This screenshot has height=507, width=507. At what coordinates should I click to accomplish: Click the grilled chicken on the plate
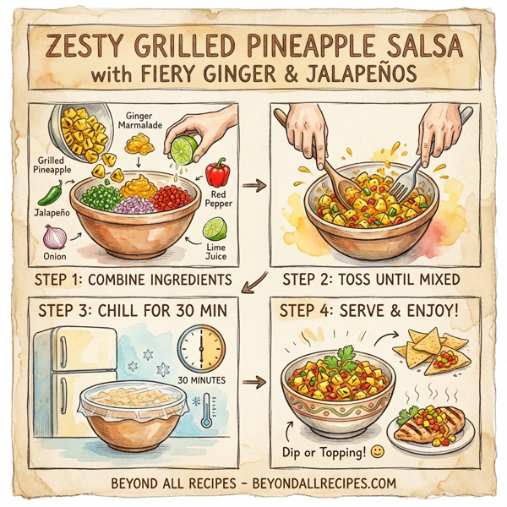coord(436,422)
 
